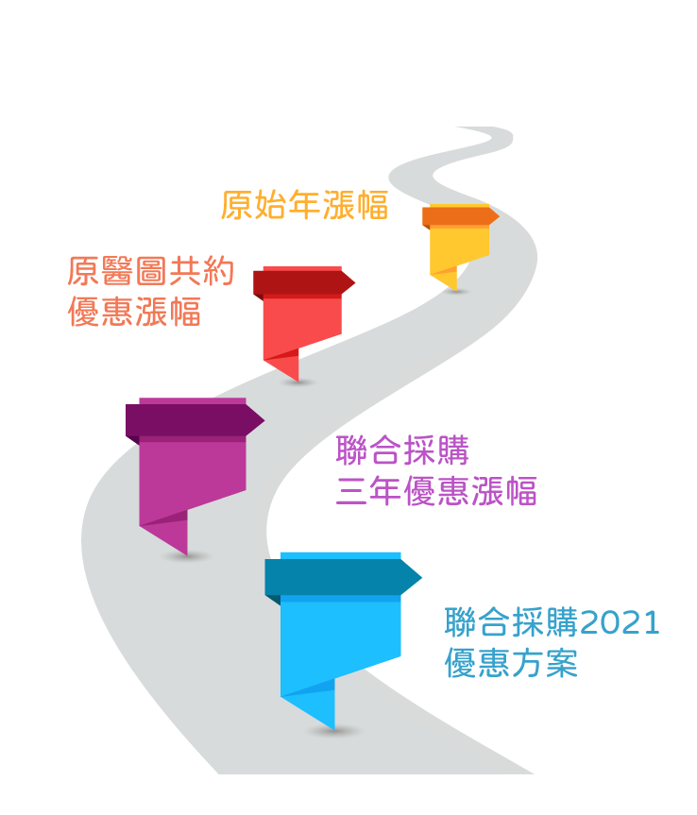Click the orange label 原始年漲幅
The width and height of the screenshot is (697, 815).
tap(304, 205)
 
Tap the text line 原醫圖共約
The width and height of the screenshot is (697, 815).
tap(150, 272)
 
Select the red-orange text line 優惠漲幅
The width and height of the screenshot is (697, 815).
tap(134, 312)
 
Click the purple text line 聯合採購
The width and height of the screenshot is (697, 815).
tap(402, 451)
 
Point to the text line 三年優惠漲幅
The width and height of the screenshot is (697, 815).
tap(436, 491)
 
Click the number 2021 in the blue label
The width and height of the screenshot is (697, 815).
tap(620, 623)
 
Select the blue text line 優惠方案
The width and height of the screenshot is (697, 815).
tap(511, 663)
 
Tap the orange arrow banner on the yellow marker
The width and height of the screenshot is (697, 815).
tap(459, 216)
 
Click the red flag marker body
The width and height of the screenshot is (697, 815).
tap(302, 326)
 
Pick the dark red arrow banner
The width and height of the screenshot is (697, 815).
tap(302, 282)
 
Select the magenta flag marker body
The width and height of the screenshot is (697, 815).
tap(193, 477)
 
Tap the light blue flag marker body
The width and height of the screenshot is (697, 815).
tap(340, 642)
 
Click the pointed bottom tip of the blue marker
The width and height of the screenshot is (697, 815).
tap(333, 726)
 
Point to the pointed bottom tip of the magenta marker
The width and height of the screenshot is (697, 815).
tap(186, 552)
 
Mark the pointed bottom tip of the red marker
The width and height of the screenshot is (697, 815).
tap(297, 379)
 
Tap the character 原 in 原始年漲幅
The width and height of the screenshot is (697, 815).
tap(237, 205)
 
